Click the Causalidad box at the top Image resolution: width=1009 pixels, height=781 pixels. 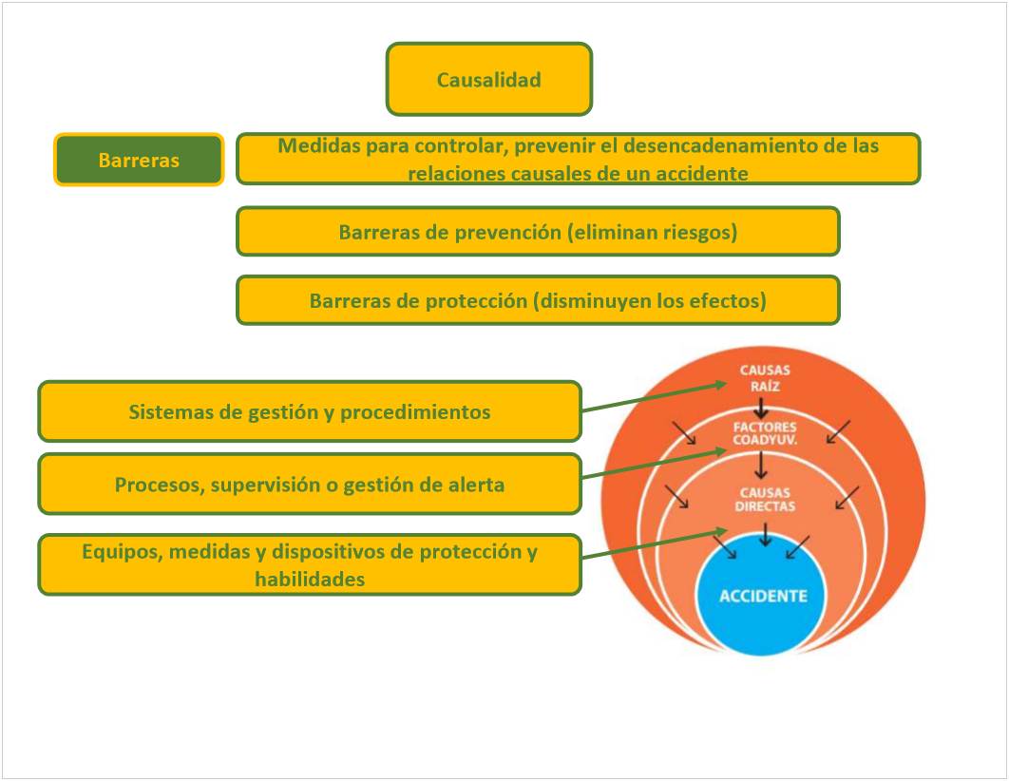(x=488, y=80)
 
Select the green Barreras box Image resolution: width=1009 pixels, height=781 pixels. (x=139, y=160)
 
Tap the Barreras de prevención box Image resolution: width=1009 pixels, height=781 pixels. (x=538, y=232)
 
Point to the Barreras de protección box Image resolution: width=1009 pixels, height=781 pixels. (x=538, y=301)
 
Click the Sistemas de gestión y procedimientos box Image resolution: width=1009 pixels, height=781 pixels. (x=310, y=412)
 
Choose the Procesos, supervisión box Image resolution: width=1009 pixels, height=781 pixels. (x=310, y=485)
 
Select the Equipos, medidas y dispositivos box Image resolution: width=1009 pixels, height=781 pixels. (x=310, y=565)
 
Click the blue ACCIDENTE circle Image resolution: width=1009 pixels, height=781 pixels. (x=763, y=596)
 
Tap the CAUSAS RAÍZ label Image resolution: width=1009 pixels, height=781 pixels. (x=765, y=376)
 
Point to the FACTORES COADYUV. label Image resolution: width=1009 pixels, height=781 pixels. (x=764, y=433)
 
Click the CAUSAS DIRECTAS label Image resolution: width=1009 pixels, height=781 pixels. (x=764, y=500)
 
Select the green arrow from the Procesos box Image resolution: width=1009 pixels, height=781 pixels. (x=656, y=463)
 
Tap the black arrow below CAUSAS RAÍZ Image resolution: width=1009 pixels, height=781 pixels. (x=761, y=409)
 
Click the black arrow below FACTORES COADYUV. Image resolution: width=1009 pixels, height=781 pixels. (x=761, y=466)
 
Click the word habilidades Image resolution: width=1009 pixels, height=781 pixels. (x=310, y=579)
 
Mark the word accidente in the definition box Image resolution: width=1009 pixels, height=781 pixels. (x=702, y=174)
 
